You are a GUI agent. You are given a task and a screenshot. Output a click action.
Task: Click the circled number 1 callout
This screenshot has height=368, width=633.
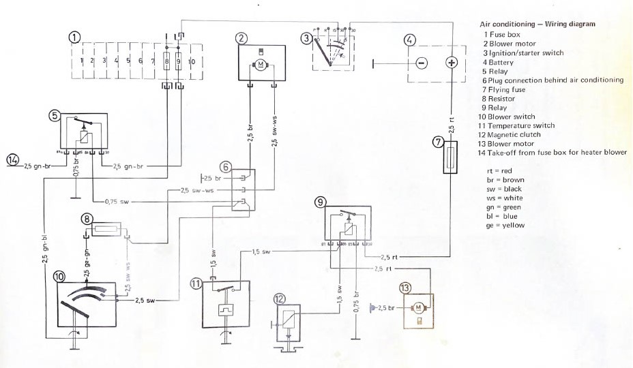(x=75, y=37)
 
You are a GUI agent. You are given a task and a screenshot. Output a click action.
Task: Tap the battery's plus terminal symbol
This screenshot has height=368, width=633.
(x=450, y=63)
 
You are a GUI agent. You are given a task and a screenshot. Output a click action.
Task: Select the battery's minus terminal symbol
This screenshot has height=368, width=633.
(x=421, y=63)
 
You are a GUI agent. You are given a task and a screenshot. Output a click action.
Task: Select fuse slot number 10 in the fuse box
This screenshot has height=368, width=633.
(x=192, y=61)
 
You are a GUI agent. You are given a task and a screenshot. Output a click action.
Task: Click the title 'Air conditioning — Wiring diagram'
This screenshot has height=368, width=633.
(x=538, y=24)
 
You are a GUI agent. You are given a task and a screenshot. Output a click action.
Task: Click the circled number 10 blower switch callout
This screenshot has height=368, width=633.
(x=59, y=277)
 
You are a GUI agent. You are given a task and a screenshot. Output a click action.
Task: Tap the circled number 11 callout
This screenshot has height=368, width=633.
(x=196, y=284)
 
